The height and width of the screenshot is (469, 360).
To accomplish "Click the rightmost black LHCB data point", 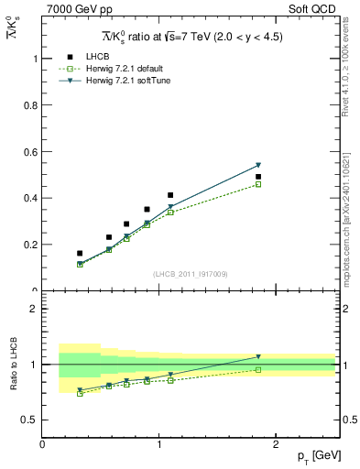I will point(258,177).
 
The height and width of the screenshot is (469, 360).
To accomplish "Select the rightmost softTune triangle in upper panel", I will point(258,165).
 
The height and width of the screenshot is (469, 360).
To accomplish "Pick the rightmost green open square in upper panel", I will point(258,184).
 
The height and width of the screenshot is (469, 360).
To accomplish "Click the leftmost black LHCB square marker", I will point(80,253).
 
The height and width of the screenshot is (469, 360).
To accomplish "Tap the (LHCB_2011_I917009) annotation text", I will point(190,274).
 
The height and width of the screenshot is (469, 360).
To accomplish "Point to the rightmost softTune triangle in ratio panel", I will point(258,357).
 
